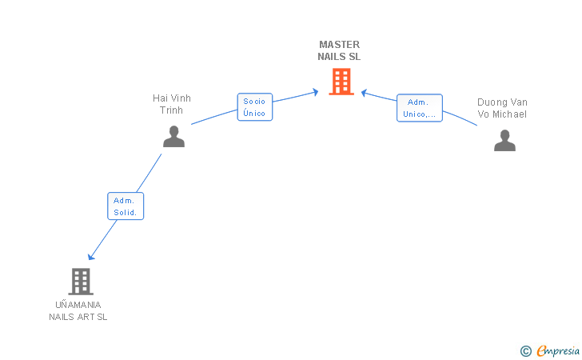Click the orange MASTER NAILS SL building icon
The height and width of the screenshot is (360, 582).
(341, 82)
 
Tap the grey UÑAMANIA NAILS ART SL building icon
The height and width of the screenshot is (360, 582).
(81, 282)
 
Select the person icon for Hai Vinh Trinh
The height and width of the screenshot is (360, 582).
(173, 136)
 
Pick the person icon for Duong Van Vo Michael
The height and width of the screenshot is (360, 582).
(504, 141)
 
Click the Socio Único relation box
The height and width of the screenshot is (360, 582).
(255, 107)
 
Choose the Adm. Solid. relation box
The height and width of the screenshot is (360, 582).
(126, 206)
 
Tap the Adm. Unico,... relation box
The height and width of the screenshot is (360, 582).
(420, 108)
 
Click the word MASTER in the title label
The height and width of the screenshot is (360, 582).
(339, 45)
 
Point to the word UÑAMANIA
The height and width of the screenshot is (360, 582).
(78, 305)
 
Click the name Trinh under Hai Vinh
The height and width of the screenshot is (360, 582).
(171, 110)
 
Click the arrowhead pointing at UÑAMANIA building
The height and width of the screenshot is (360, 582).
(90, 257)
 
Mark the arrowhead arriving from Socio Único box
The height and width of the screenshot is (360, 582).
(316, 92)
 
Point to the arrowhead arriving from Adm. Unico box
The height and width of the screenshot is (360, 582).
(364, 93)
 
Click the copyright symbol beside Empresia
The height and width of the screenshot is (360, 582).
(526, 351)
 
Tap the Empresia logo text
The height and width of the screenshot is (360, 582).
(558, 350)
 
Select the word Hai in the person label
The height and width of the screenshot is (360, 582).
(160, 98)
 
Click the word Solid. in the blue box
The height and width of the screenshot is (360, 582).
(125, 213)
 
